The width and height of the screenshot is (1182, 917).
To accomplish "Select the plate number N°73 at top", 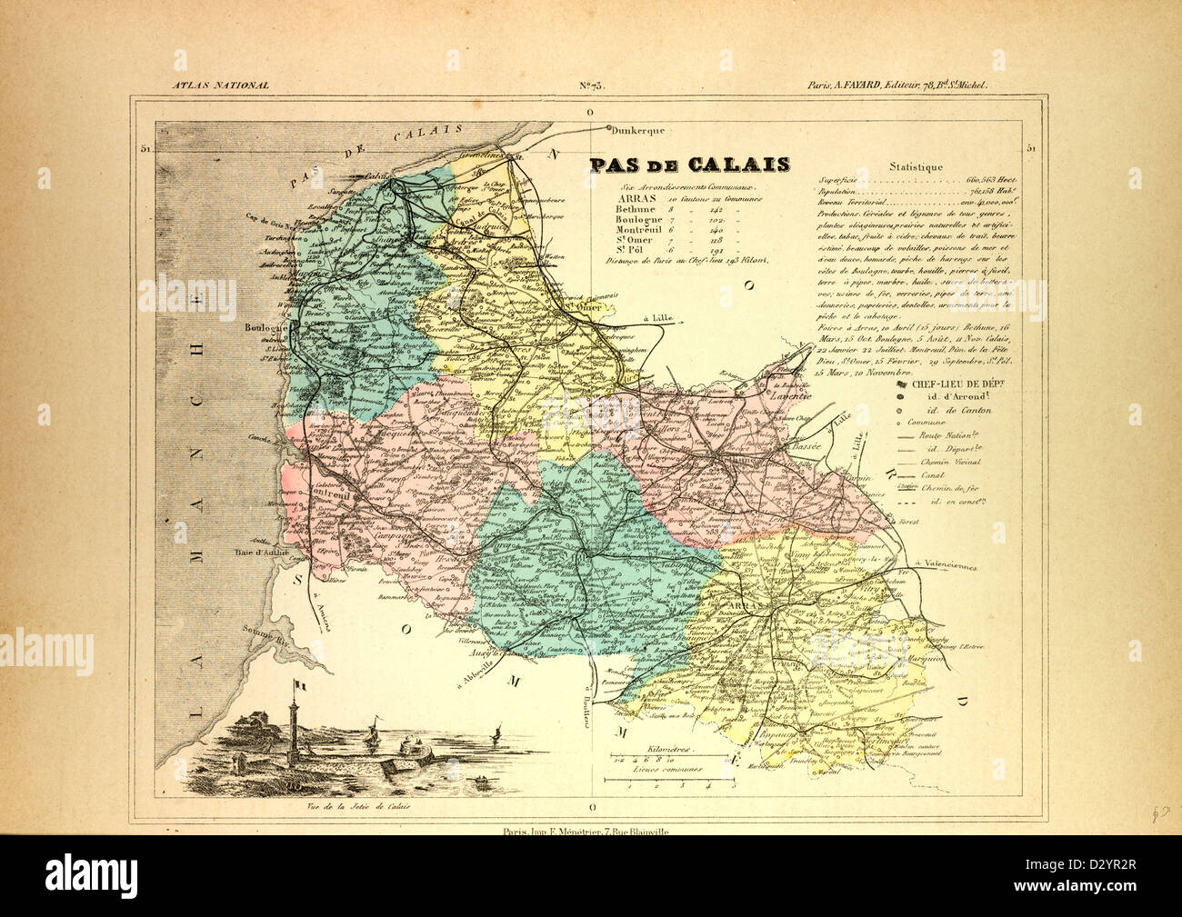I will pyautogui.click(x=591, y=86).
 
